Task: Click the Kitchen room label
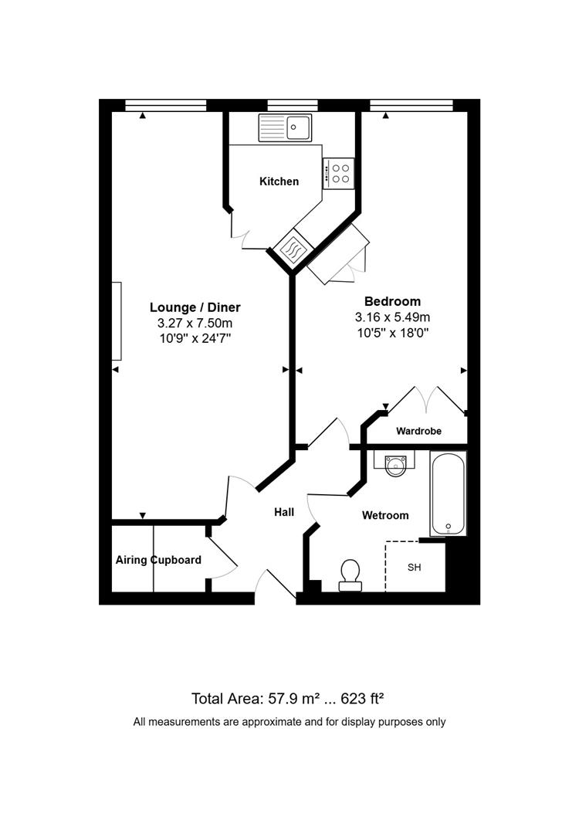(x=279, y=181)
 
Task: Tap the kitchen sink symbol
(x=285, y=127)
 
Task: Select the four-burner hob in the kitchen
(x=338, y=172)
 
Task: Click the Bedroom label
(x=392, y=301)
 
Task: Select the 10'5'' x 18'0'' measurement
(x=392, y=333)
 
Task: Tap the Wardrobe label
(x=418, y=431)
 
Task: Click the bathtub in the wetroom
(x=449, y=494)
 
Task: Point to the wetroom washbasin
(x=396, y=464)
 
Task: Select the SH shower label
(x=415, y=568)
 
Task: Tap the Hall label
(x=284, y=512)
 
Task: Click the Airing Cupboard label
(x=158, y=560)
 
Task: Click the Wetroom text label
(x=385, y=515)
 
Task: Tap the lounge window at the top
(x=165, y=106)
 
